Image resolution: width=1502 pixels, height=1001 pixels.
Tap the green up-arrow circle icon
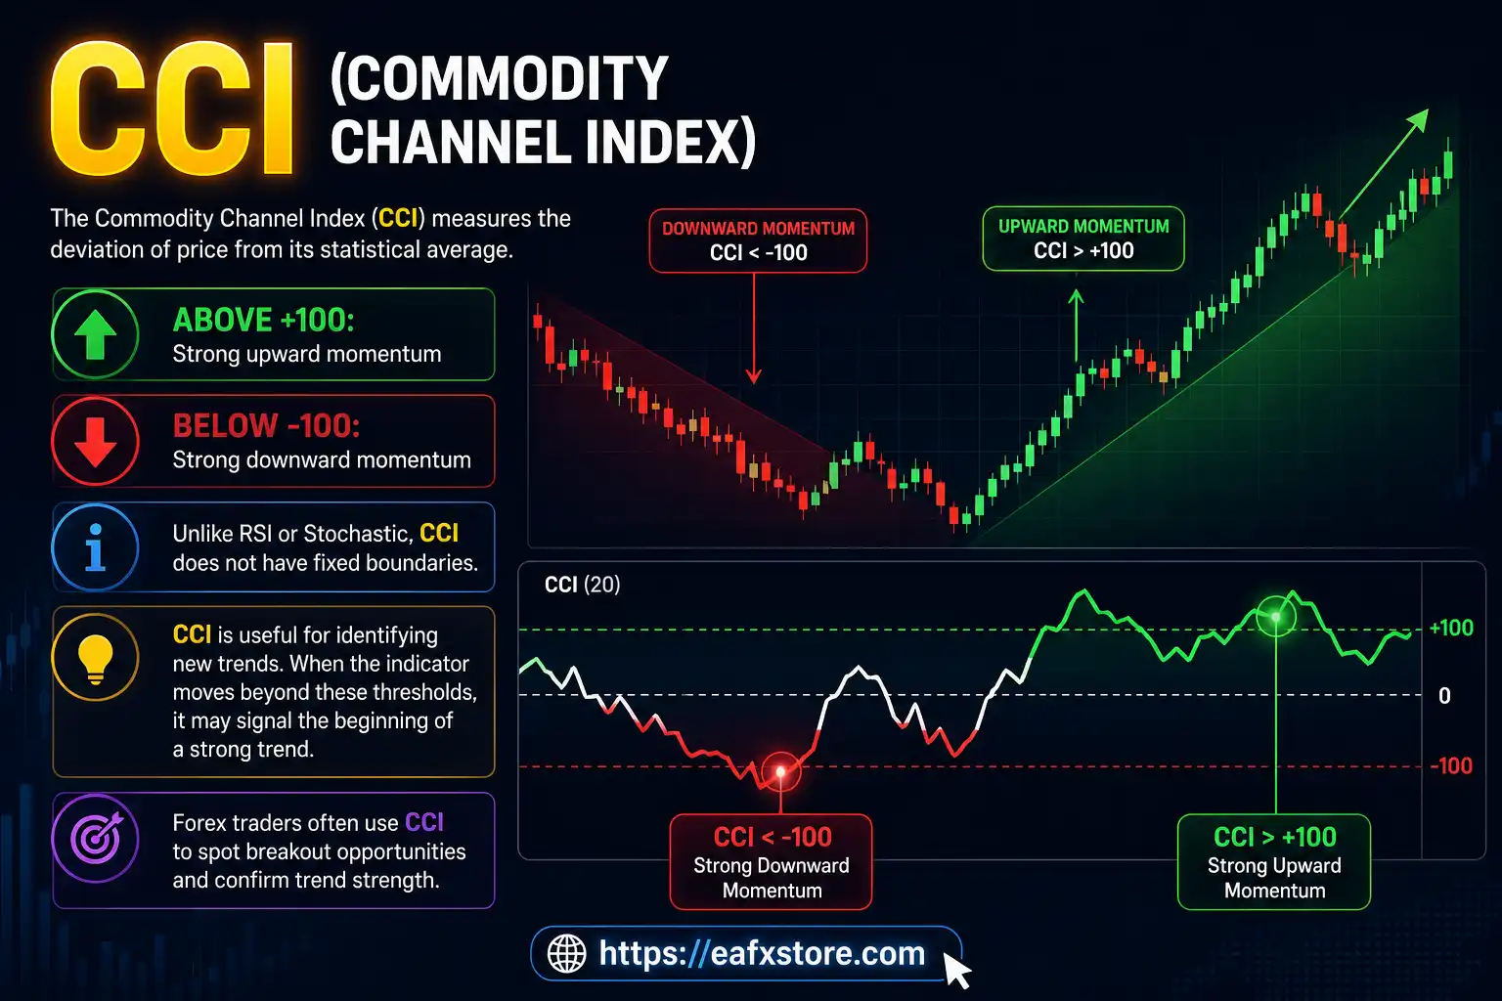tap(96, 334)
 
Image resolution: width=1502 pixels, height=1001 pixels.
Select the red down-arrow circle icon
tap(96, 441)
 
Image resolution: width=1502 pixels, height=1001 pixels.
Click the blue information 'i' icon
tap(96, 547)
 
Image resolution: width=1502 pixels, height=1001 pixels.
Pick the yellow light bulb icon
tap(96, 656)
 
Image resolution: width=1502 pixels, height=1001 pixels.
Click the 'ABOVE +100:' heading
tap(263, 320)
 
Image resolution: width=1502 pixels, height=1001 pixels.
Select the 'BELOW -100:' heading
tap(266, 425)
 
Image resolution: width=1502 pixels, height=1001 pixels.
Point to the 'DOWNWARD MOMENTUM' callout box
tap(758, 240)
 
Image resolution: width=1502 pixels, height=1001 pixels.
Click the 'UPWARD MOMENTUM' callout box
tap(1082, 239)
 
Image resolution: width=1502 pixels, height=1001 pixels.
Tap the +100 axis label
tap(1451, 629)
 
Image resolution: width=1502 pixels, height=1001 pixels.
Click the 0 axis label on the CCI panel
tap(1444, 696)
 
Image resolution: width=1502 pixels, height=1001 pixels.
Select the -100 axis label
tap(1451, 766)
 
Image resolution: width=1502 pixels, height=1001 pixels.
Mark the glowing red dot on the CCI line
tap(780, 772)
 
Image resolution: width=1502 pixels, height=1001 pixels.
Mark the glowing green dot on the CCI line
tap(1276, 617)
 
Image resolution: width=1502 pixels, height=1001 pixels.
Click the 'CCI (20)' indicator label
tap(582, 585)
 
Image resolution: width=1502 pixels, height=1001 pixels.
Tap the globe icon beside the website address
tap(566, 953)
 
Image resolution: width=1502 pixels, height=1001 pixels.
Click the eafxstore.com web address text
tap(762, 953)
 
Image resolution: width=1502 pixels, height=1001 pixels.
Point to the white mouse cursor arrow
tap(956, 970)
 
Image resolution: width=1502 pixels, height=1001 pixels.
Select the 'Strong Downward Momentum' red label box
tap(771, 862)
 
